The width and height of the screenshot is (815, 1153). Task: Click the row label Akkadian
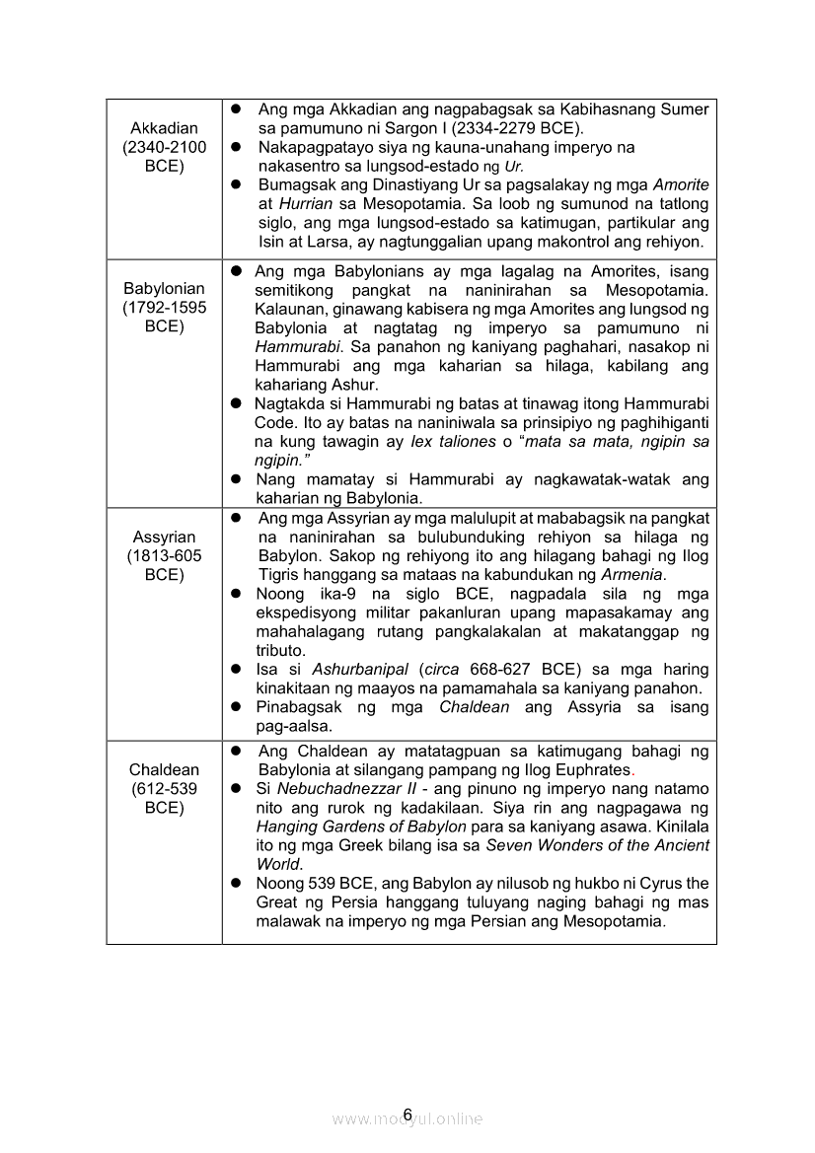164,128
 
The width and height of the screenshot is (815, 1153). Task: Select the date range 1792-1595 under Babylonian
165,308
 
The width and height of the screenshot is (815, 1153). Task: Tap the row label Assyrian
164,537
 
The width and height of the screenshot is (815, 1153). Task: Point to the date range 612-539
164,789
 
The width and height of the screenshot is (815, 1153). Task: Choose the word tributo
280,650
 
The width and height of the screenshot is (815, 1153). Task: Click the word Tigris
279,574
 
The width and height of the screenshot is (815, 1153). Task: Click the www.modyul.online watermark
407,1118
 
